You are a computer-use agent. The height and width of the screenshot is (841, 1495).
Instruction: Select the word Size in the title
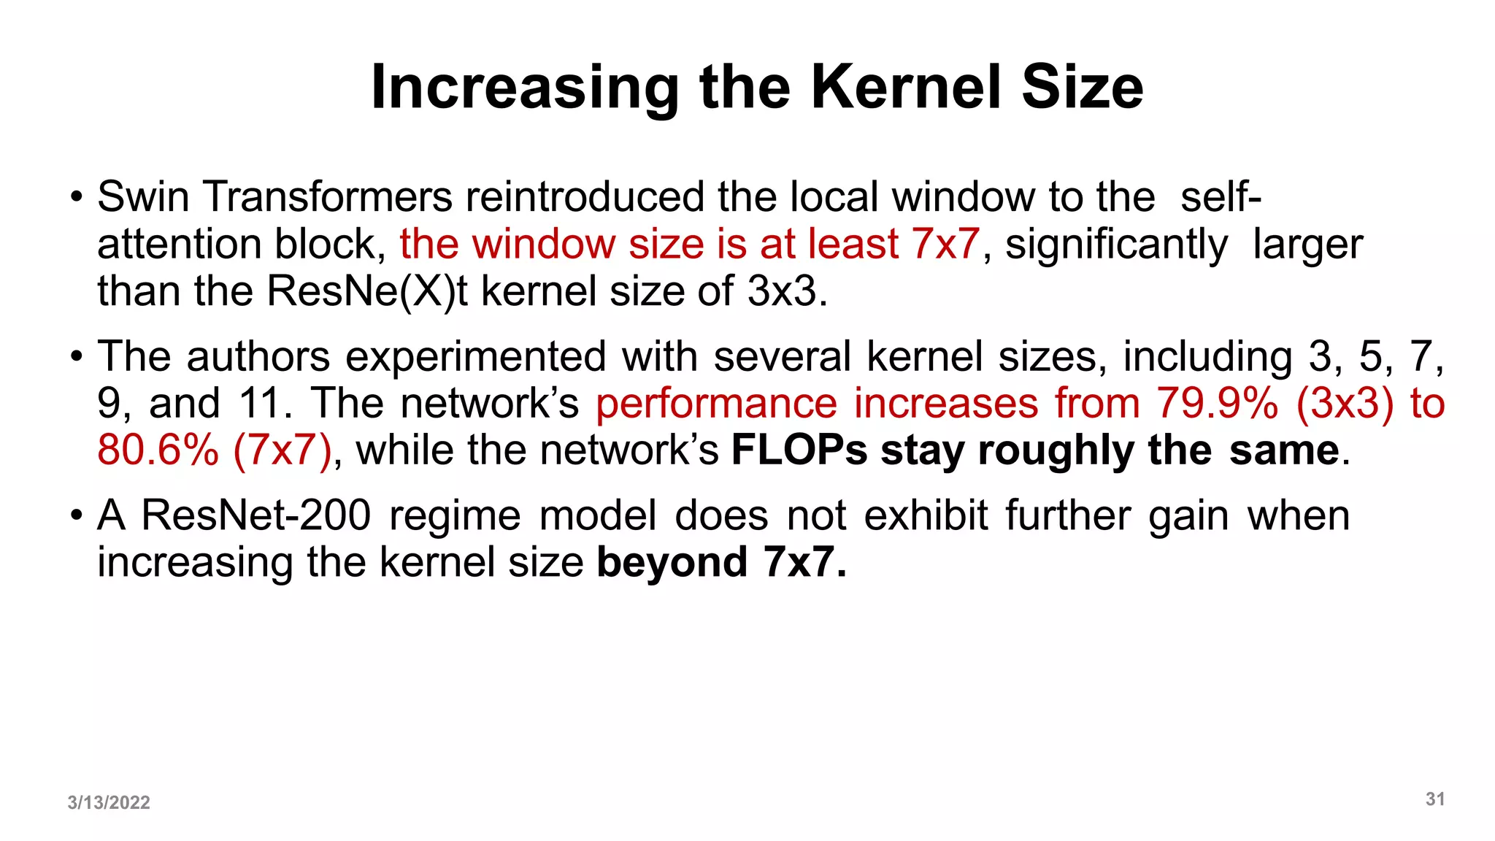click(x=1083, y=88)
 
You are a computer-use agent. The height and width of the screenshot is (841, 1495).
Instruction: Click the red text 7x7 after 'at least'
click(x=945, y=244)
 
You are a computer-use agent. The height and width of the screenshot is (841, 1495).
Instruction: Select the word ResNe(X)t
click(x=367, y=291)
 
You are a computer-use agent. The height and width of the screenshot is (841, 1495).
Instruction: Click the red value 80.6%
click(x=158, y=450)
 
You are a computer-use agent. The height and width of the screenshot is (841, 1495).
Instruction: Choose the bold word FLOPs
click(x=799, y=450)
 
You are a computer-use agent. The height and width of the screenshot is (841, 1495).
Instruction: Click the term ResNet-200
click(x=256, y=515)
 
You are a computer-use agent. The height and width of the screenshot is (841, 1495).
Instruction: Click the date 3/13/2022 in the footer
click(x=109, y=802)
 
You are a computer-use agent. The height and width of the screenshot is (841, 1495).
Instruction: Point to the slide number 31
click(x=1435, y=799)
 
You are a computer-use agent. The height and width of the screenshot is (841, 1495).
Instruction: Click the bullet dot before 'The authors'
click(x=77, y=358)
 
